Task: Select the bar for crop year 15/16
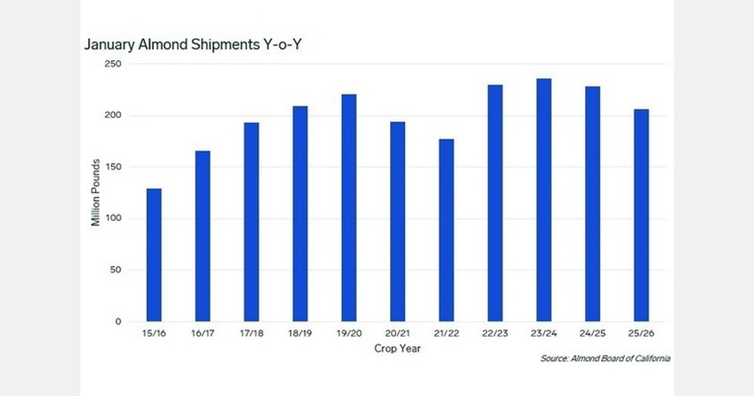(154, 255)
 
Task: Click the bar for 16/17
(202, 236)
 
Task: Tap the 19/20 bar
(349, 207)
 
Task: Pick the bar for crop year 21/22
(446, 230)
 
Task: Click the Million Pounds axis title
(96, 193)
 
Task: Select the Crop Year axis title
(397, 348)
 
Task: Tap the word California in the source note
(649, 359)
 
